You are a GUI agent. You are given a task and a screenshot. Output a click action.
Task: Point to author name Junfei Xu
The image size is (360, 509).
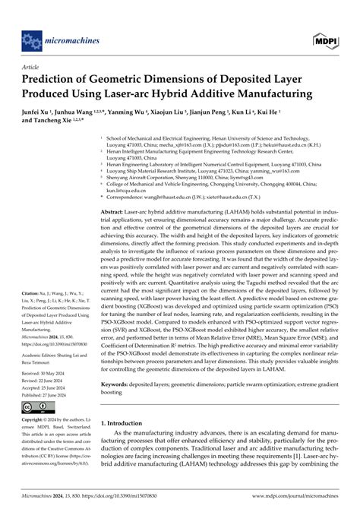pyautogui.click(x=39, y=120)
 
